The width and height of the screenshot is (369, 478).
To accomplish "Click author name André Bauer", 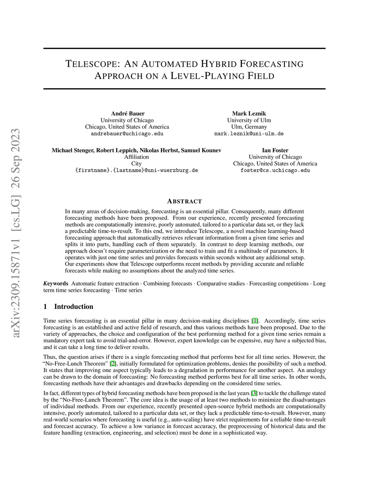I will pyautogui.click(x=128, y=114).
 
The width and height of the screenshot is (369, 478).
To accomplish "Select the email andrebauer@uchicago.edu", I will pyautogui.click(x=127, y=133).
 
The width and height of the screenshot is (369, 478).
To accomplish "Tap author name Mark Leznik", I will pyautogui.click(x=249, y=114).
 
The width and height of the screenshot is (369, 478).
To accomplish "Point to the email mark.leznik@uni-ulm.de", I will pyautogui.click(x=249, y=133).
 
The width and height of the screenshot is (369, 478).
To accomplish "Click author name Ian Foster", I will pyautogui.click(x=275, y=150).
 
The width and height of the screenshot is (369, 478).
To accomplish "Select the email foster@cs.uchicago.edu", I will pyautogui.click(x=275, y=170).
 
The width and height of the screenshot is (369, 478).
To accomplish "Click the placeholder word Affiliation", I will pyautogui.click(x=136, y=157).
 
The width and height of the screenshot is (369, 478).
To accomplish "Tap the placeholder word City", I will pyautogui.click(x=136, y=163).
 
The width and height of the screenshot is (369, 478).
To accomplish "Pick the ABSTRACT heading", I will pyautogui.click(x=184, y=201).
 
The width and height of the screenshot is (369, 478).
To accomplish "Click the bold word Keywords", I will pyautogui.click(x=56, y=284).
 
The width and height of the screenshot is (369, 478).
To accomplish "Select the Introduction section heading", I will pyautogui.click(x=74, y=307).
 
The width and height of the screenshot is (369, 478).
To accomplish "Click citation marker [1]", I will pyautogui.click(x=255, y=321).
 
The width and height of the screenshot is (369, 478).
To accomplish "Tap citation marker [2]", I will pyautogui.click(x=113, y=364).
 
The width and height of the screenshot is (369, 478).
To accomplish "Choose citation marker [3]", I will pyautogui.click(x=254, y=393).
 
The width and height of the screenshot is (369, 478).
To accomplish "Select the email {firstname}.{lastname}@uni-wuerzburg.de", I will pyautogui.click(x=136, y=170).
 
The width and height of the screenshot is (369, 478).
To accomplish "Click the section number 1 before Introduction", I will pyautogui.click(x=45, y=307).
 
